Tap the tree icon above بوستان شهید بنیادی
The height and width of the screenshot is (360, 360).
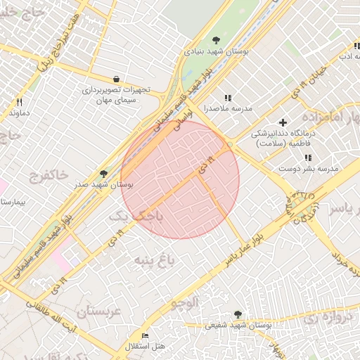click(216, 40)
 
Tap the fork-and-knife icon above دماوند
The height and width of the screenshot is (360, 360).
click(19, 102)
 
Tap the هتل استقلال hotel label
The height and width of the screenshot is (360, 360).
click(145, 347)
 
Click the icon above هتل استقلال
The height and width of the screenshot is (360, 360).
click(146, 335)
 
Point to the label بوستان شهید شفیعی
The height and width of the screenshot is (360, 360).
click(238, 326)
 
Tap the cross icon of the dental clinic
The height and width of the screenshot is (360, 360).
click(283, 123)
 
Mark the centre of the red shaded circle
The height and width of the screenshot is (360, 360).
click(180, 179)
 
